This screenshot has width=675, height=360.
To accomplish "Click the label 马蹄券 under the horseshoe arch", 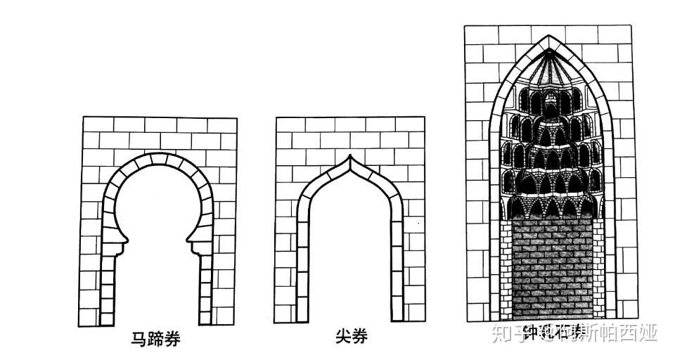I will point(156,340).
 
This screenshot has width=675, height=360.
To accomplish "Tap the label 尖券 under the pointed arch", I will point(350,337).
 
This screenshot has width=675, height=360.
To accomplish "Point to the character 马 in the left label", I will point(140,340).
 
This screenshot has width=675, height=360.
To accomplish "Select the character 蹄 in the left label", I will point(156,340).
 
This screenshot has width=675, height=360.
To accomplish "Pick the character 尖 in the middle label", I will point(342,337).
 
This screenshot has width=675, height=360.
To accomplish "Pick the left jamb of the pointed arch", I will point(302,267).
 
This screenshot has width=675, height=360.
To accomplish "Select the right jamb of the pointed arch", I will point(397,267).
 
